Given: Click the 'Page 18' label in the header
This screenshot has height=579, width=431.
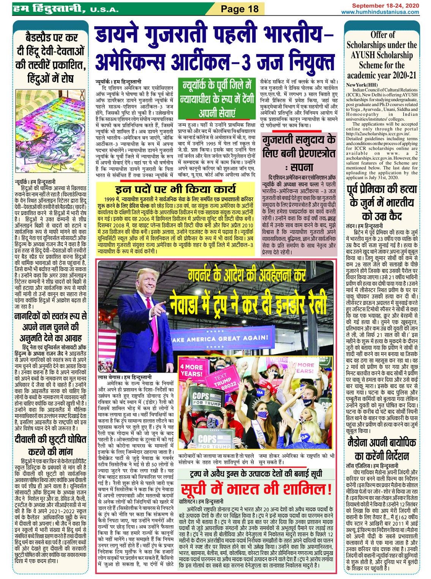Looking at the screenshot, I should click(240, 9).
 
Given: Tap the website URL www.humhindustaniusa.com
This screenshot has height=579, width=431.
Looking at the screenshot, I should click(380, 12).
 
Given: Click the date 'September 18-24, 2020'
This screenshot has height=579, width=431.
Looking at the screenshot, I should click(385, 6).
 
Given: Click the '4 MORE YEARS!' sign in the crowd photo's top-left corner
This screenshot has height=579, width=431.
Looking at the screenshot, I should click(191, 370).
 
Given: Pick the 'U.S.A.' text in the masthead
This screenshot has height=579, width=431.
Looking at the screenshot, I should click(104, 9).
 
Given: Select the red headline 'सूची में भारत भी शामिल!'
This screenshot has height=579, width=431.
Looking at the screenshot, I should click(256, 489).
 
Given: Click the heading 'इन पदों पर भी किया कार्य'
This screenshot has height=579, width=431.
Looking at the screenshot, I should click(175, 189).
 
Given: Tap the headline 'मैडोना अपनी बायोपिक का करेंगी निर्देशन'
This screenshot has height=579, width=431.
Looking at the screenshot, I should click(382, 449).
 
